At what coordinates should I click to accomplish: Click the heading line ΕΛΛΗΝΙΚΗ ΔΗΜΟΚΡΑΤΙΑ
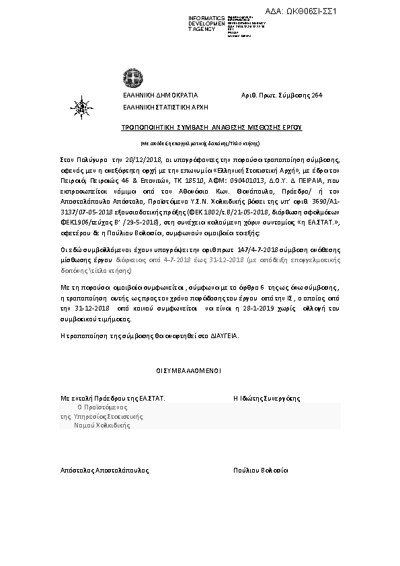click(160, 96)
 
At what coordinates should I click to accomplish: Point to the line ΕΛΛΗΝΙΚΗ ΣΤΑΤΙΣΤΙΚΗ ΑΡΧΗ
click(165, 107)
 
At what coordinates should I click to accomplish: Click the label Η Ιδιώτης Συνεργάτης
click(266, 399)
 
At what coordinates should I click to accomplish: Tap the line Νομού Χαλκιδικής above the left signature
click(102, 426)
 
